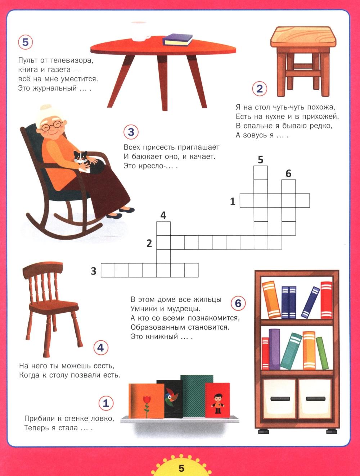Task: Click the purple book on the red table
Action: (177, 40)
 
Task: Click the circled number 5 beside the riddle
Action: (26, 42)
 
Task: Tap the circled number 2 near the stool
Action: (260, 89)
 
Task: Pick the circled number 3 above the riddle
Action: (131, 132)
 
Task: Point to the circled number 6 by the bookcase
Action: (238, 303)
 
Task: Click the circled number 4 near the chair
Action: (101, 348)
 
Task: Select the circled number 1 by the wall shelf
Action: (106, 403)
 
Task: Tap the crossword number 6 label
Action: (288, 173)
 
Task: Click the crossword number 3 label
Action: (94, 271)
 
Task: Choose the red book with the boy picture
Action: (217, 400)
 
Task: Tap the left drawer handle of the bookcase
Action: (280, 398)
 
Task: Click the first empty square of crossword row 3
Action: (108, 270)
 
